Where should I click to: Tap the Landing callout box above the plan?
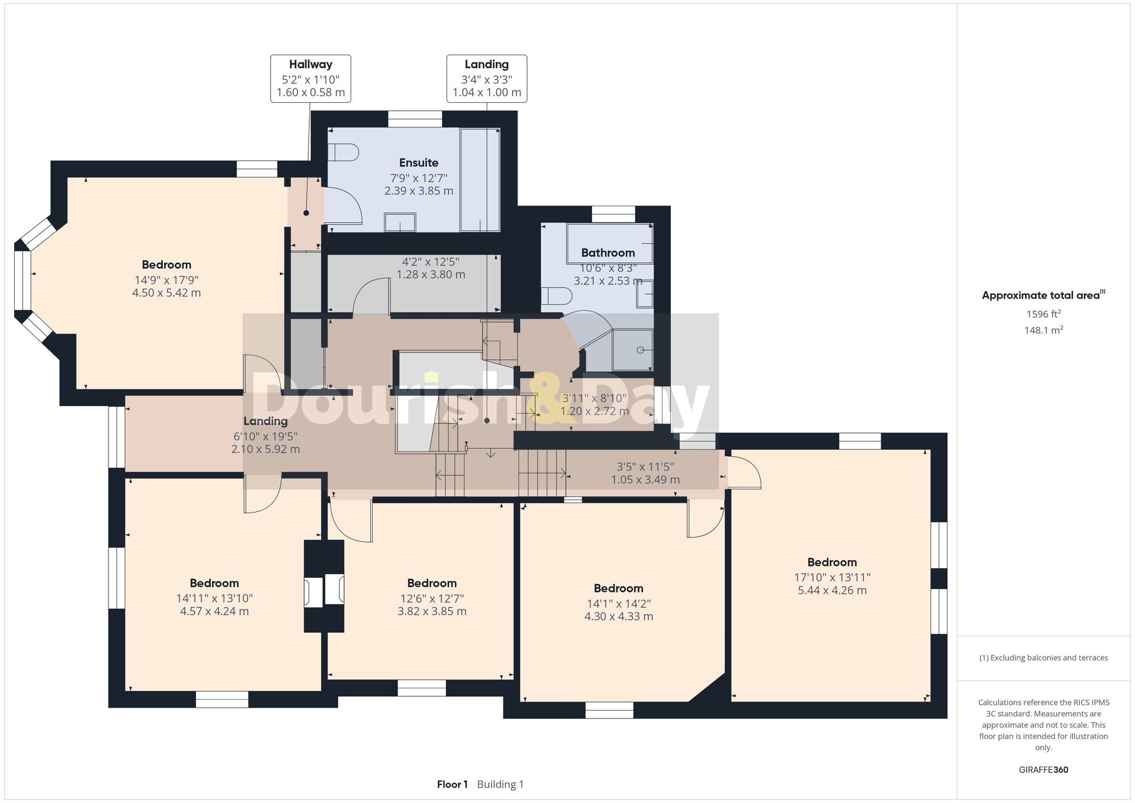point(486,78)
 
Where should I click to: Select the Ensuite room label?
point(419,163)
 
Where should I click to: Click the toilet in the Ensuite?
point(346,153)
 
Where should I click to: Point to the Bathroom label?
point(608,253)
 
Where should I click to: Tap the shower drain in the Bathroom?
point(640,350)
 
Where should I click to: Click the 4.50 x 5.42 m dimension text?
point(166,293)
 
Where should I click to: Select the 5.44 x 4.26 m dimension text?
point(832,591)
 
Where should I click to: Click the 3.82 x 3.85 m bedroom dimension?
point(432,612)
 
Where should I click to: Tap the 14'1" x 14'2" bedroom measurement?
point(619,604)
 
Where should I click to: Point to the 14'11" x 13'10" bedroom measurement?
point(214,599)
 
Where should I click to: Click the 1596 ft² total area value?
point(1043,314)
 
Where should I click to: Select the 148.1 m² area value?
point(1043,330)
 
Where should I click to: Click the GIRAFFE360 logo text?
point(1043,770)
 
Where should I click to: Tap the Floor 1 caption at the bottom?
point(452,785)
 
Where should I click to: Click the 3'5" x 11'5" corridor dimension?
point(645,467)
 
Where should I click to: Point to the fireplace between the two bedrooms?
point(324,591)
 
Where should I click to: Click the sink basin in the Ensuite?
point(400,222)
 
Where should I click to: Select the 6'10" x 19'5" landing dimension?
point(265,436)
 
